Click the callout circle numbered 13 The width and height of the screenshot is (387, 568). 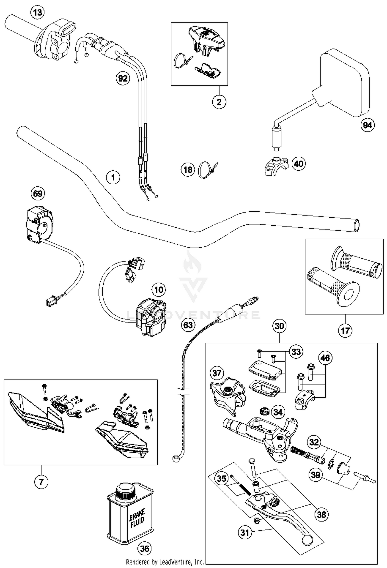pos(37,12)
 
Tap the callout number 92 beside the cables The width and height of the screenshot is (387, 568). pos(123,78)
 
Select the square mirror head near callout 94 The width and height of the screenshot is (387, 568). pos(344,83)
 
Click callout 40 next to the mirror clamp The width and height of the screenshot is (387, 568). pos(299,164)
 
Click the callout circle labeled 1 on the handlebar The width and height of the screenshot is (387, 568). pos(113,177)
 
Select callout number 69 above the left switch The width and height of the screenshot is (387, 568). pos(38,193)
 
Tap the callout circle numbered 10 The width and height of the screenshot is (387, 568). pos(158,290)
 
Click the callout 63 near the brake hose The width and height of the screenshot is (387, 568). pos(188,325)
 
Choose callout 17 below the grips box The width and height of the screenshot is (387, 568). pos(345,330)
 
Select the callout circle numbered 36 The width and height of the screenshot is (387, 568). pos(144,548)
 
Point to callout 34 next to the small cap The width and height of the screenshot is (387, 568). pos(278,412)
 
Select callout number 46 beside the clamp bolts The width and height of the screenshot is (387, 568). pos(325,358)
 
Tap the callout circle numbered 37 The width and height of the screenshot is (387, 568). pos(217,373)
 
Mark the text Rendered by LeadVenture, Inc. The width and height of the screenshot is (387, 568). pos(165,562)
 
